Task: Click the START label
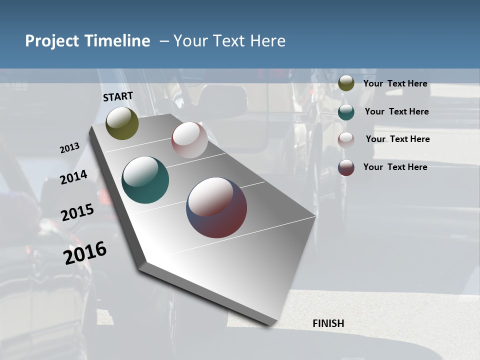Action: (x=118, y=96)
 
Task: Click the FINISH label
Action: (x=328, y=323)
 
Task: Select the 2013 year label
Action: (x=70, y=148)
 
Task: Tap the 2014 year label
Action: (x=73, y=177)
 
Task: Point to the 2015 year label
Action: (x=77, y=212)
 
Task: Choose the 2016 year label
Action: (x=85, y=252)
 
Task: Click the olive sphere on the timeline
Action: (x=122, y=123)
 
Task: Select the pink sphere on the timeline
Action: (x=189, y=140)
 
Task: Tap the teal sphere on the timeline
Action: (x=145, y=180)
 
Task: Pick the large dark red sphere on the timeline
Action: (x=216, y=207)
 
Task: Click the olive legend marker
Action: (x=346, y=83)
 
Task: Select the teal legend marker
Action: (x=346, y=112)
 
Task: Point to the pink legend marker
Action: (x=346, y=140)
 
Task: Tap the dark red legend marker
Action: (x=346, y=167)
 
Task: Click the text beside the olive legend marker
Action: (x=395, y=84)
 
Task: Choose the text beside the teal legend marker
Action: (x=396, y=111)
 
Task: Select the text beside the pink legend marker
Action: (x=397, y=139)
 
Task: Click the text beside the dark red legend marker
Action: (x=395, y=167)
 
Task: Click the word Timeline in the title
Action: (x=116, y=41)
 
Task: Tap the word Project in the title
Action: (x=50, y=41)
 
